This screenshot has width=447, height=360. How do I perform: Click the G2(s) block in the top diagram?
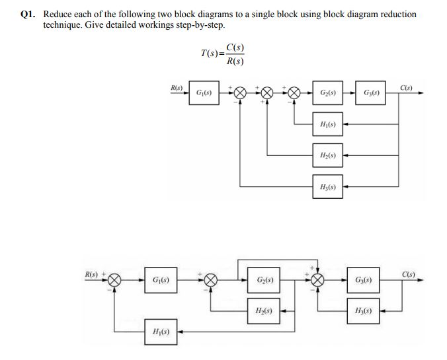pyautogui.click(x=327, y=94)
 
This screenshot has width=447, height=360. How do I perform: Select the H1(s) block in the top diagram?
pyautogui.click(x=327, y=124)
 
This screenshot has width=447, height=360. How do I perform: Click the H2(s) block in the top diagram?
pyautogui.click(x=327, y=155)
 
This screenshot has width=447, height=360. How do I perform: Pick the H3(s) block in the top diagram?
pyautogui.click(x=327, y=187)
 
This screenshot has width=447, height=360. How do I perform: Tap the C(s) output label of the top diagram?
pyautogui.click(x=406, y=87)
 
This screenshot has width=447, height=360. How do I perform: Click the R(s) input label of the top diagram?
pyautogui.click(x=177, y=87)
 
